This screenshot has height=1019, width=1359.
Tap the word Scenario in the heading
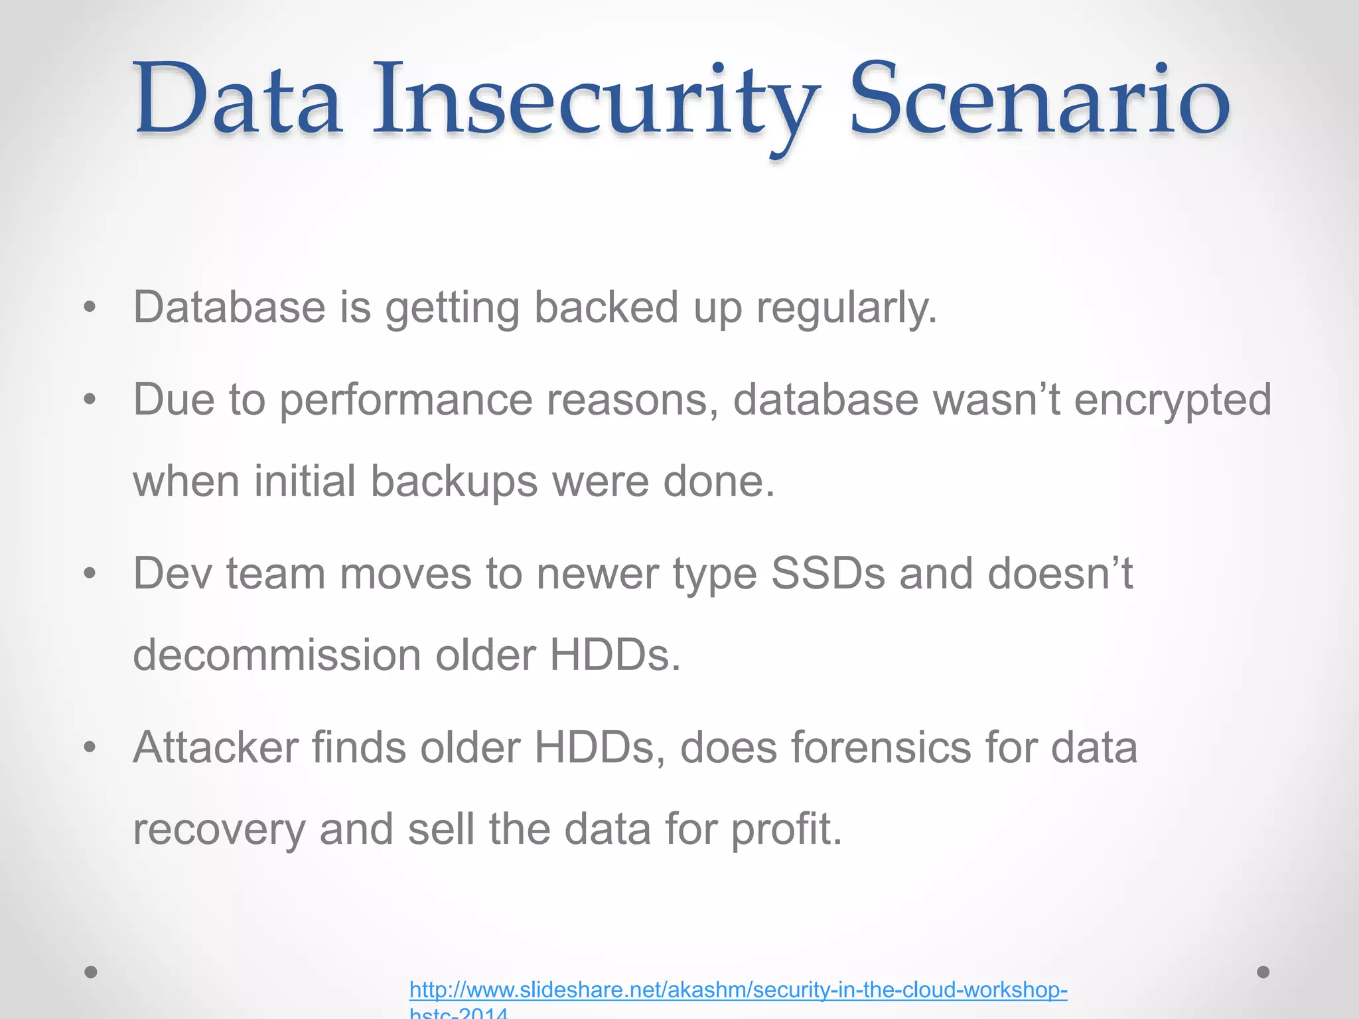(x=1039, y=100)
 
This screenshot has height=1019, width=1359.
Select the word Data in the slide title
(x=239, y=100)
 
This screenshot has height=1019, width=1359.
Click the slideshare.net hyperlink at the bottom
(x=738, y=990)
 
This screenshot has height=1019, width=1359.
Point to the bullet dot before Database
(x=90, y=307)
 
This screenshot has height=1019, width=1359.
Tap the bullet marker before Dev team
(x=90, y=573)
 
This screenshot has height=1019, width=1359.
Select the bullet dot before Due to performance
(x=90, y=399)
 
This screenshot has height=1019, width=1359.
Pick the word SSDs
(x=827, y=573)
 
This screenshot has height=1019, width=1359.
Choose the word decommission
(x=277, y=655)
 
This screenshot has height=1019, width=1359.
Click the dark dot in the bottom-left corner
(x=91, y=973)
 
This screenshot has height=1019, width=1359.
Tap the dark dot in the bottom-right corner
(x=1263, y=972)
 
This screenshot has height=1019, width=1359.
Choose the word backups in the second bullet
(x=454, y=482)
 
